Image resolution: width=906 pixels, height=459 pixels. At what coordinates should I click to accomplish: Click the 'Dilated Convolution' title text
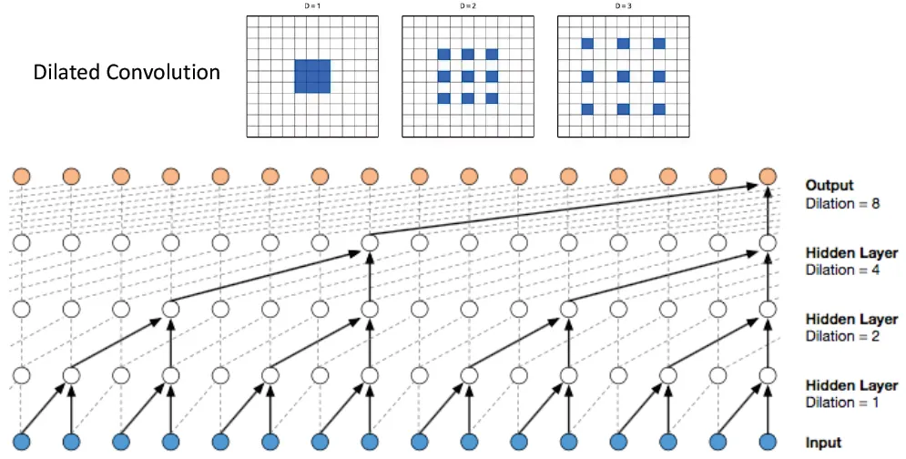point(127,72)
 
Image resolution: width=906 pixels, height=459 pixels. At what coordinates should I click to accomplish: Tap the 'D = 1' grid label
point(311,7)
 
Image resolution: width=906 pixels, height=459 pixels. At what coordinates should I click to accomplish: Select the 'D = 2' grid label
point(466,7)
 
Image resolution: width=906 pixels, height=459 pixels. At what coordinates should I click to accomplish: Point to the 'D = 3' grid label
point(621,7)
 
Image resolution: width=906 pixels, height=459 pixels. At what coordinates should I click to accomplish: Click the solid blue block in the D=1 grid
point(311,76)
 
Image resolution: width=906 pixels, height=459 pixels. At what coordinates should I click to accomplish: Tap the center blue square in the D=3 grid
point(624,76)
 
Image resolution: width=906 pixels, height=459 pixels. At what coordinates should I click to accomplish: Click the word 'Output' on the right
point(830,186)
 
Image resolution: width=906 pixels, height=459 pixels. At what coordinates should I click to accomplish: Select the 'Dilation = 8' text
point(842,203)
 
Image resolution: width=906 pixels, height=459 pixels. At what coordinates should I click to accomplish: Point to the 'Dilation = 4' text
point(842,270)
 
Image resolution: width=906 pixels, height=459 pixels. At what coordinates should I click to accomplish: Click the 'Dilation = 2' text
point(842,336)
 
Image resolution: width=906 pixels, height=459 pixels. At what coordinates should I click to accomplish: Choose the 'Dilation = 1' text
point(842,403)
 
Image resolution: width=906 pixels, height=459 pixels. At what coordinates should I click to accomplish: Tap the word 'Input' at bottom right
point(823,444)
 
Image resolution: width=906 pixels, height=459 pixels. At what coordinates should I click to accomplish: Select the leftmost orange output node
point(22,176)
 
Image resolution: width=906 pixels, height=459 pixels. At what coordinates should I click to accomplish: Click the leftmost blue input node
point(22,442)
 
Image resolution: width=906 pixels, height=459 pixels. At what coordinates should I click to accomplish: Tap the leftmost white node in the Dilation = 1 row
point(22,375)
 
